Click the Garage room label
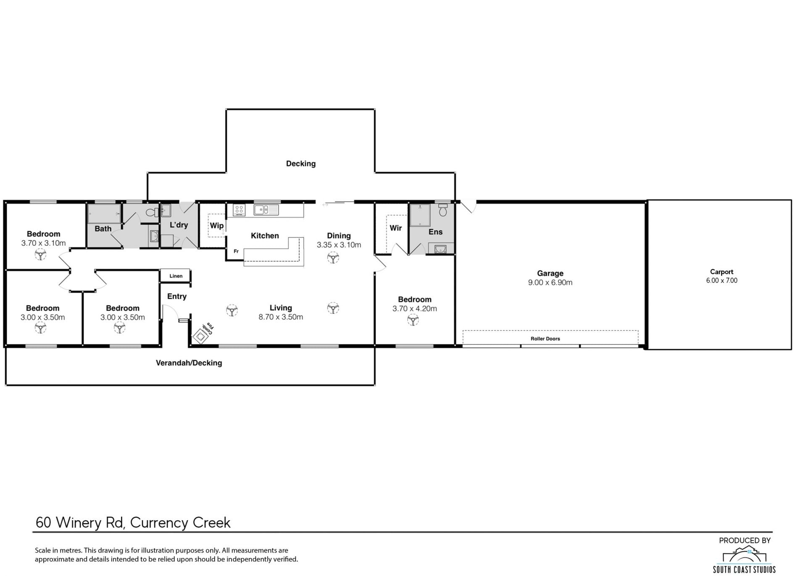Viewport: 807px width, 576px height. [x=550, y=273]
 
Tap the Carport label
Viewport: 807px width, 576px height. [x=722, y=272]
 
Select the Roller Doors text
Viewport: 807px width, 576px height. [x=545, y=339]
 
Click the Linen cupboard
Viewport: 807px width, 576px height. [x=176, y=276]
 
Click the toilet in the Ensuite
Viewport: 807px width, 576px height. [x=443, y=210]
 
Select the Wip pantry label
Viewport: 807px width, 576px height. [x=216, y=226]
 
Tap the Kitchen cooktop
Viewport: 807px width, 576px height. [x=239, y=210]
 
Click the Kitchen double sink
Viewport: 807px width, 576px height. [x=266, y=209]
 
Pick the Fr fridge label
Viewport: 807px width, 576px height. [x=236, y=251]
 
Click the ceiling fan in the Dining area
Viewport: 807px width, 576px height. [x=333, y=257]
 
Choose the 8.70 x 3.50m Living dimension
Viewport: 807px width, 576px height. [x=281, y=317]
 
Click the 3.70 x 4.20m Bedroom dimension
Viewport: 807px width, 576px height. [x=414, y=309]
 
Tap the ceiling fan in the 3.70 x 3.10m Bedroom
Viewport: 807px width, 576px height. [x=40, y=254]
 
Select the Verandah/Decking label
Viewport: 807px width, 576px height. [x=189, y=363]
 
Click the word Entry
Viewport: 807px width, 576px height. [x=177, y=297]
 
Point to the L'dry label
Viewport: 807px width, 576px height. [x=179, y=225]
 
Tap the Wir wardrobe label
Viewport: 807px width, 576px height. [x=396, y=228]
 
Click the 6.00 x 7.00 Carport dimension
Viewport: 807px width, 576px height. [x=722, y=281]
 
